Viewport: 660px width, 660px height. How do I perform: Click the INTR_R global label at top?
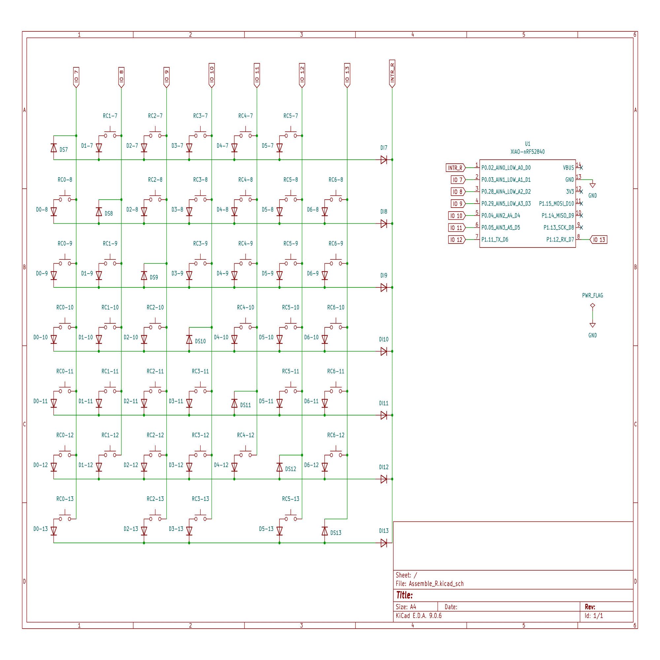pyautogui.click(x=392, y=74)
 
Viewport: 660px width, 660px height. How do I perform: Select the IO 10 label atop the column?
pyautogui.click(x=212, y=75)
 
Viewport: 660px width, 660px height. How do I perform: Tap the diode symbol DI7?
pyautogui.click(x=384, y=160)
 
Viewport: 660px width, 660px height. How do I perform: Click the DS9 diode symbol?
pyautogui.click(x=144, y=276)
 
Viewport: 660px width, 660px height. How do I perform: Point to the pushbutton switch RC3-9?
pyautogui.click(x=200, y=262)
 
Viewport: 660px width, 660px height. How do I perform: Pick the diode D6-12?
pyautogui.click(x=324, y=467)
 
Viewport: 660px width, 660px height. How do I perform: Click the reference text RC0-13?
pyautogui.click(x=65, y=499)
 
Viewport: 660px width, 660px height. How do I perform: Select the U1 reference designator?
pyautogui.click(x=527, y=144)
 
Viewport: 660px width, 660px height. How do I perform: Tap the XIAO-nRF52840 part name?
pyautogui.click(x=527, y=152)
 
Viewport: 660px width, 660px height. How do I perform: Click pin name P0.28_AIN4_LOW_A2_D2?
pyautogui.click(x=506, y=192)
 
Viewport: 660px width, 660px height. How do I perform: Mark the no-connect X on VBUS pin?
pyautogui.click(x=581, y=168)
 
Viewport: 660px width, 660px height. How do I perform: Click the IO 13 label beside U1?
pyautogui.click(x=599, y=240)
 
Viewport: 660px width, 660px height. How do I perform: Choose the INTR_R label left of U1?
pyautogui.click(x=455, y=168)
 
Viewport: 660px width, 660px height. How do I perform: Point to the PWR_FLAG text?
pyautogui.click(x=592, y=295)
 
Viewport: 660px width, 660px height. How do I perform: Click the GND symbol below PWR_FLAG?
pyautogui.click(x=592, y=326)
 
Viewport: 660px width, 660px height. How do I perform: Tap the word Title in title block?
pyautogui.click(x=404, y=595)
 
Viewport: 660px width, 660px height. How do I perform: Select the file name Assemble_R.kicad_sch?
pyautogui.click(x=436, y=584)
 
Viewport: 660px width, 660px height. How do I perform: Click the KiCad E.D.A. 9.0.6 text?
pyautogui.click(x=418, y=616)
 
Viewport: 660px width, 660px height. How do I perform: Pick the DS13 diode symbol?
pyautogui.click(x=324, y=531)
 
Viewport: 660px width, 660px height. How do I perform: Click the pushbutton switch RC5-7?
pyautogui.click(x=291, y=134)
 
